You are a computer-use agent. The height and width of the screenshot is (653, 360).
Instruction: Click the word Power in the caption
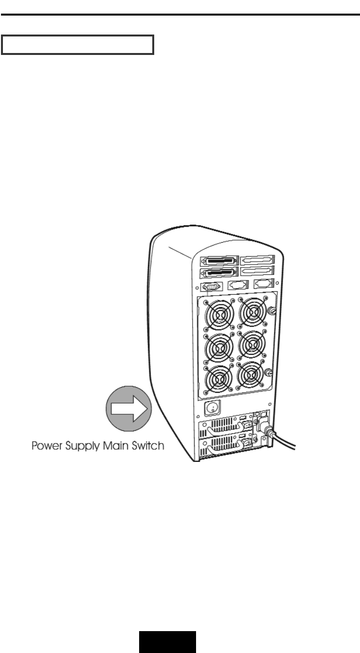[x=48, y=446]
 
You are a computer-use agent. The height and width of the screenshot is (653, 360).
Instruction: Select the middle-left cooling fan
[x=218, y=346]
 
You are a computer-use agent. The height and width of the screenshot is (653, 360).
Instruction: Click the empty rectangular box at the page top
[x=77, y=44]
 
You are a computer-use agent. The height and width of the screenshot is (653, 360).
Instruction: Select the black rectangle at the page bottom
[x=168, y=642]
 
